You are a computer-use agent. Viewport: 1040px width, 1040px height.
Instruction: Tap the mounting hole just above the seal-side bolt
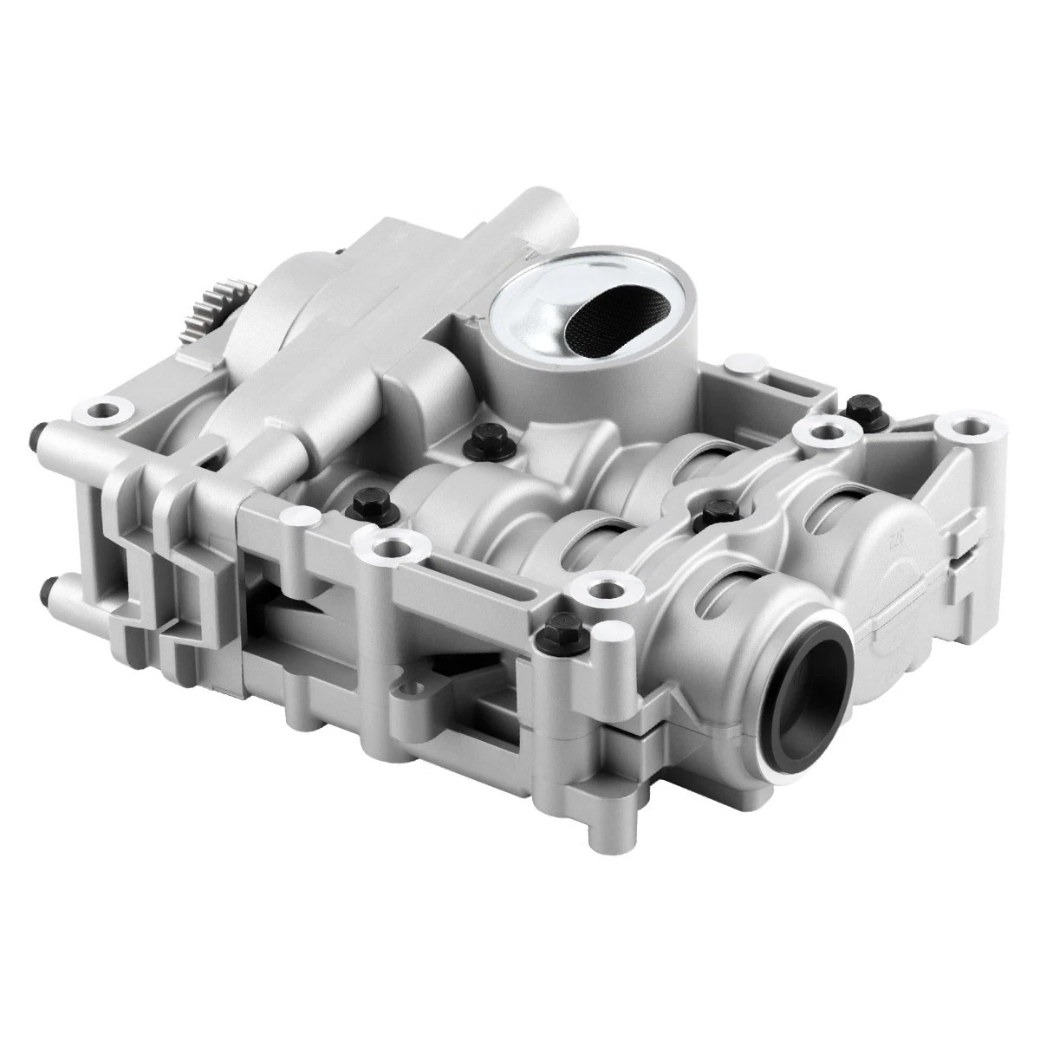(597, 593)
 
